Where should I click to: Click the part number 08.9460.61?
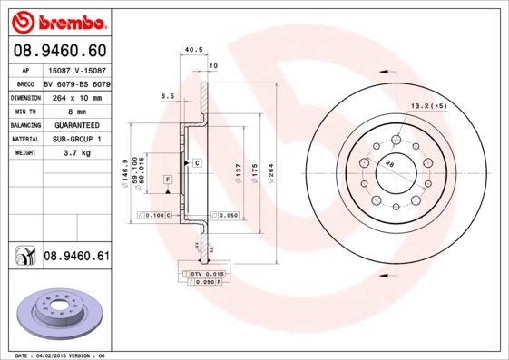76,257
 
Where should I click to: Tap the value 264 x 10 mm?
76,96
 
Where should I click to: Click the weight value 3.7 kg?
76,153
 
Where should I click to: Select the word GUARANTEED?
76,124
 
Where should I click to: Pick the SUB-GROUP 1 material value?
76,139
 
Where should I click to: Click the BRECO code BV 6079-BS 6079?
77,83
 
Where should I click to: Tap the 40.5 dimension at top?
191,50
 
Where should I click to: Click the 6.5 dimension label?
167,94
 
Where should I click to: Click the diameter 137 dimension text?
238,171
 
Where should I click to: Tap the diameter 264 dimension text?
269,171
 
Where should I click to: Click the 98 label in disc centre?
390,163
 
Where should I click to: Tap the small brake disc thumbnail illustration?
57,313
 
